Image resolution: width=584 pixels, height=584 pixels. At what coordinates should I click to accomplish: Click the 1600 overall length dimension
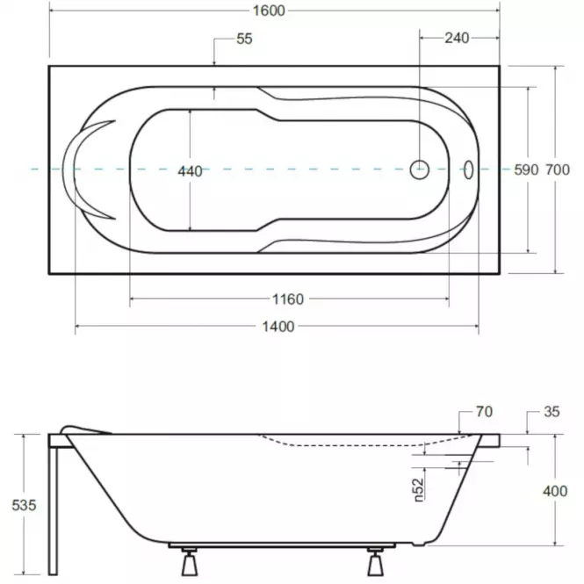[x=269, y=11]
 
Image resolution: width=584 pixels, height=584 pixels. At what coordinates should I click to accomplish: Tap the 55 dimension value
[x=244, y=39]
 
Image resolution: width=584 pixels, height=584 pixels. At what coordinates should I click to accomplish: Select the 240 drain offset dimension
[x=457, y=38]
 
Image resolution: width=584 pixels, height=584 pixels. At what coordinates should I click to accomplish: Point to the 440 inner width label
[x=190, y=171]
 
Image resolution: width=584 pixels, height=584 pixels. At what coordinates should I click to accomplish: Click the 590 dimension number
[x=526, y=169]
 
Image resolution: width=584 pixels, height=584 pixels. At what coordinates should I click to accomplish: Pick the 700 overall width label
[x=558, y=169]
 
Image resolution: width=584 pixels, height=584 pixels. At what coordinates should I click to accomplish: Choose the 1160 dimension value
[x=288, y=299]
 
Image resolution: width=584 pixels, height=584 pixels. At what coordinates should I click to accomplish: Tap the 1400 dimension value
[x=278, y=327]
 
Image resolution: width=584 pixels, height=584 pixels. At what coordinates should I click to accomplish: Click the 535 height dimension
[x=25, y=506]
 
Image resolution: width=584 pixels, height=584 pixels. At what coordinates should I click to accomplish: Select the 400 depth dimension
[x=555, y=491]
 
